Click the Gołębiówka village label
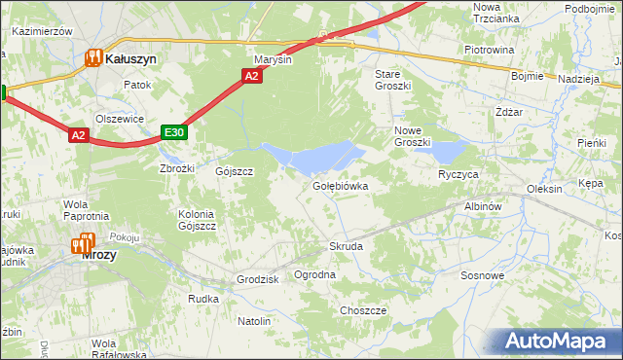(x=340, y=185)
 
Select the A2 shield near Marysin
(x=251, y=76)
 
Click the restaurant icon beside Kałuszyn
(x=94, y=58)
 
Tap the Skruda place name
(x=346, y=247)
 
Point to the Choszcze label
(x=363, y=310)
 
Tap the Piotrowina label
(x=489, y=49)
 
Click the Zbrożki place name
(x=177, y=168)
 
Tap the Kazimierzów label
(x=43, y=31)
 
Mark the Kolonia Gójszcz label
(x=197, y=219)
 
